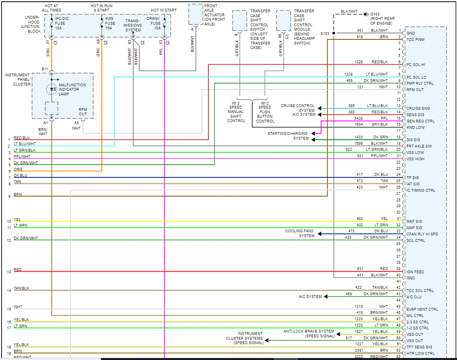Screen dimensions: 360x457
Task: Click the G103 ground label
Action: (x=375, y=14)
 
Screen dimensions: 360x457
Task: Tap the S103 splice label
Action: (x=325, y=34)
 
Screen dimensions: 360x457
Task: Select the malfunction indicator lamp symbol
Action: (x=51, y=89)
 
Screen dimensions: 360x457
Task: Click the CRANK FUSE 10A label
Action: (x=154, y=23)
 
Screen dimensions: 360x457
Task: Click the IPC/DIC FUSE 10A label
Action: (x=62, y=23)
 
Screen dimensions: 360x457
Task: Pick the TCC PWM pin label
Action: (x=416, y=40)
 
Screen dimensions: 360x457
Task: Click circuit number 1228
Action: (x=360, y=62)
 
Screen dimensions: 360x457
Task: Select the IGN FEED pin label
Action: (x=415, y=272)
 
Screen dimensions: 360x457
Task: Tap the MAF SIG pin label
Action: (x=414, y=222)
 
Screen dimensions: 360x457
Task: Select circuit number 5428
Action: (x=359, y=118)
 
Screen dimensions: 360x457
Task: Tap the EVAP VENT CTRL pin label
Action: (x=422, y=309)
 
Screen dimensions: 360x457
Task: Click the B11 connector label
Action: (x=45, y=69)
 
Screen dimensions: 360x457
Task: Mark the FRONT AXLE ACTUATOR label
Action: (x=214, y=15)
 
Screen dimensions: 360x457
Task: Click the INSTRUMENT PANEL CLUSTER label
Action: (x=18, y=80)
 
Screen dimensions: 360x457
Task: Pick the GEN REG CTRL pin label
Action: (x=420, y=121)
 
